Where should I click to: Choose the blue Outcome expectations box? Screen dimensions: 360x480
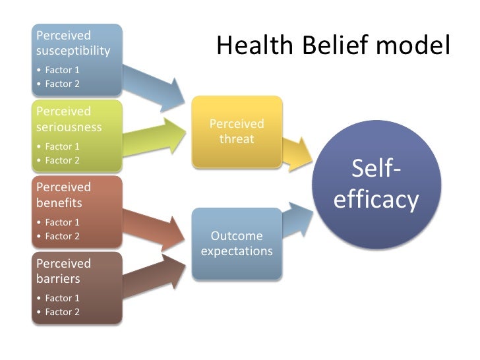pyautogui.click(x=237, y=243)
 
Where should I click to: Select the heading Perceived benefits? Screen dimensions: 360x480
pyautogui.click(x=64, y=195)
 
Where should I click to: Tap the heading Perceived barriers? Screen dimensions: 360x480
pyautogui.click(x=64, y=270)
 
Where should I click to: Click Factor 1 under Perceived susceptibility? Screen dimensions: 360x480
pyautogui.click(x=62, y=69)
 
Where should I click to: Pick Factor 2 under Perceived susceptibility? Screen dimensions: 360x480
pyautogui.click(x=62, y=83)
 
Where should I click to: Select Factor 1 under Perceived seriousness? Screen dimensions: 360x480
pyautogui.click(x=62, y=146)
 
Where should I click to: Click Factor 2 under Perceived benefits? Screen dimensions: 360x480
pyautogui.click(x=62, y=235)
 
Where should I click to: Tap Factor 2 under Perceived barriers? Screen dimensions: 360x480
pyautogui.click(x=62, y=311)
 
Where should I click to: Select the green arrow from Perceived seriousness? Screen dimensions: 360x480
pyautogui.click(x=156, y=134)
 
